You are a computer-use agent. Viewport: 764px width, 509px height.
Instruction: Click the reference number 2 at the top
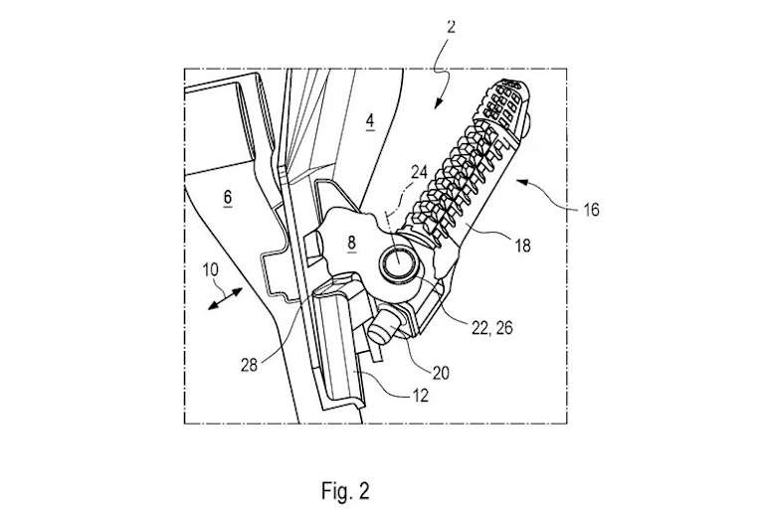pos(451,27)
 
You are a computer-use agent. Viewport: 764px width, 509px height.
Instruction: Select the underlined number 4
pos(370,121)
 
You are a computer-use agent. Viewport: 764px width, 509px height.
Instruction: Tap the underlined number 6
pos(227,198)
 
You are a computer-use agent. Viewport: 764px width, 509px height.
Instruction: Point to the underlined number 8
pos(352,243)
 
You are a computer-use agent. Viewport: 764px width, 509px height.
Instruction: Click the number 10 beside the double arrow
pos(211,269)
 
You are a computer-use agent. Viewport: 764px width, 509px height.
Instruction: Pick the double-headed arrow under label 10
pos(225,298)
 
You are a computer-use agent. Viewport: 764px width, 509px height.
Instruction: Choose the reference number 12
pos(421,396)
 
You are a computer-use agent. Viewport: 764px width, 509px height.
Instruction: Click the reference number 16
pos(591,210)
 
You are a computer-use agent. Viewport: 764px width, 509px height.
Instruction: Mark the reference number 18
pos(522,246)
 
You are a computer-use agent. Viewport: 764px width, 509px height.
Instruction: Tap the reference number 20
pos(441,373)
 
